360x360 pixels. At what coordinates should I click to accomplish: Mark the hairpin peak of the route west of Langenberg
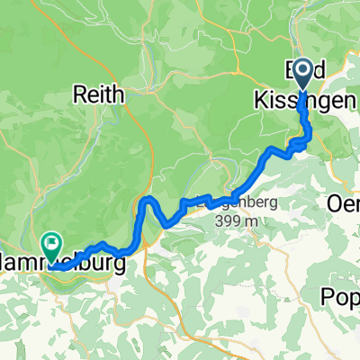point(148,197)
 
